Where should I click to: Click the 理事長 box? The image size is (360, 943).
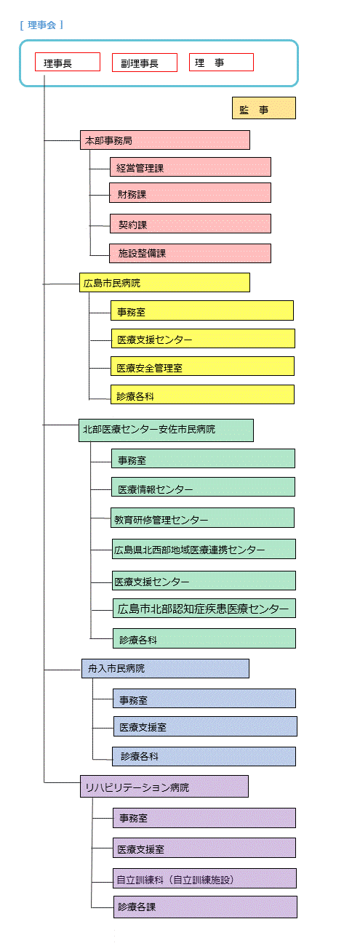(68, 62)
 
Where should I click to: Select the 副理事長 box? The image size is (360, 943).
(145, 63)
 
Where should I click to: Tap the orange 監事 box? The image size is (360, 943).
(263, 108)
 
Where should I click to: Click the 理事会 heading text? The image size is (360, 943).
(41, 25)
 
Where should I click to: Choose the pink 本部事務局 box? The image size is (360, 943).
(164, 140)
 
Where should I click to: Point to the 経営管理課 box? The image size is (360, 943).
(191, 167)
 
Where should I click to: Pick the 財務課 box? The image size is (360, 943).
(190, 193)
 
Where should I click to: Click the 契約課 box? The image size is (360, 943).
(191, 223)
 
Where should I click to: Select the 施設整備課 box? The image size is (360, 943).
(190, 254)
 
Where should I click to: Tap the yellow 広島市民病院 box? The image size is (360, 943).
(164, 283)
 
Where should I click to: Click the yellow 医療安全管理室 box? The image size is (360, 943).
(202, 366)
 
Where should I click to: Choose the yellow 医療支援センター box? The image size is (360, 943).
(203, 339)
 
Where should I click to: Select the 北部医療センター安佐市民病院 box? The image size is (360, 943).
(166, 430)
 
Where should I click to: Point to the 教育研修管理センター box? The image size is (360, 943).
(202, 518)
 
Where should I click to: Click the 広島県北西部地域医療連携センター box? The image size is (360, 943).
(204, 549)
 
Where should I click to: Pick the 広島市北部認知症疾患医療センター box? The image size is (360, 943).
(204, 609)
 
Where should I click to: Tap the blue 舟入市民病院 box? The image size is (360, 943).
(165, 668)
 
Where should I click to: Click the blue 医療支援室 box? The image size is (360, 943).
(205, 726)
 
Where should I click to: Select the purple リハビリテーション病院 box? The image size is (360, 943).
(164, 787)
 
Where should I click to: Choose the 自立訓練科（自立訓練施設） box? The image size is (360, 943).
(204, 878)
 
